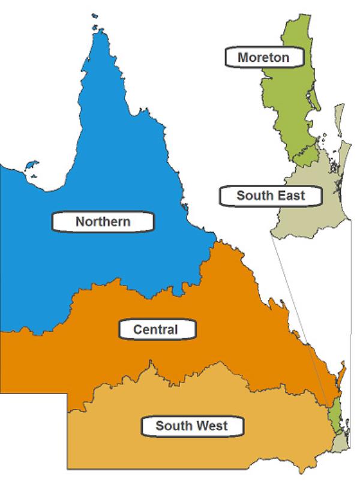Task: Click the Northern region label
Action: coord(103,222)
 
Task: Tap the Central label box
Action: coord(155,329)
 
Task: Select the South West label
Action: coord(192,426)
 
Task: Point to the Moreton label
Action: coord(263,58)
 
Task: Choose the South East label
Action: coord(271,196)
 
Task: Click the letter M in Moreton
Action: coord(242,58)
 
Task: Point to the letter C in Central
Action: coord(137,329)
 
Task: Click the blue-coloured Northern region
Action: coord(120,180)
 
